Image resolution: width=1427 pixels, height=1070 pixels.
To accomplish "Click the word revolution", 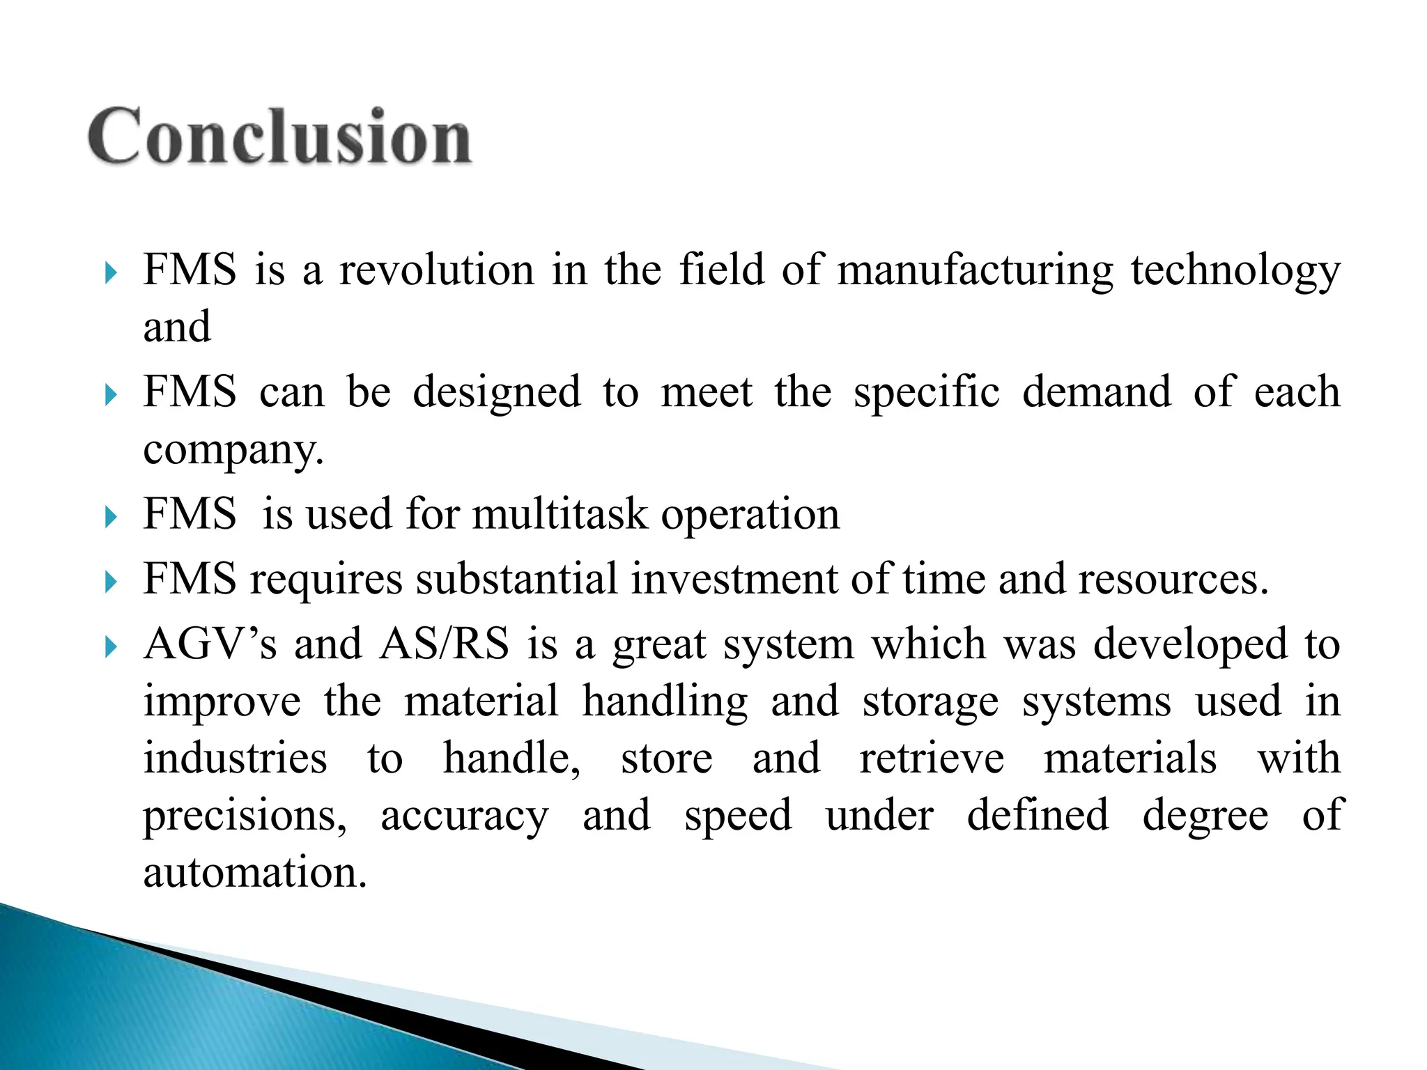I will [x=436, y=270].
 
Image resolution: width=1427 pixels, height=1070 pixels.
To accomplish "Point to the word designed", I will [x=496, y=393].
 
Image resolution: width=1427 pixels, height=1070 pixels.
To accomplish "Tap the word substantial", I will [x=516, y=579].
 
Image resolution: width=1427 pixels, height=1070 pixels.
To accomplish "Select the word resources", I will [x=1173, y=579].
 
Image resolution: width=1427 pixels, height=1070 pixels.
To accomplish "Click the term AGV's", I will [x=210, y=644].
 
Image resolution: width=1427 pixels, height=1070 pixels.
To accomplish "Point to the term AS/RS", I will [x=445, y=644].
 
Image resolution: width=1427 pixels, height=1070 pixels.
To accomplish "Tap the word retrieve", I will [x=932, y=759].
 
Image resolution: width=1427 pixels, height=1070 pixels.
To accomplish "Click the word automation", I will [x=254, y=873].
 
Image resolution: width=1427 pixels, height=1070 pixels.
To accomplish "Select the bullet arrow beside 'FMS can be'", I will [x=111, y=395].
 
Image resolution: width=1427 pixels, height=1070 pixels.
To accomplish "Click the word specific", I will [x=927, y=393].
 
